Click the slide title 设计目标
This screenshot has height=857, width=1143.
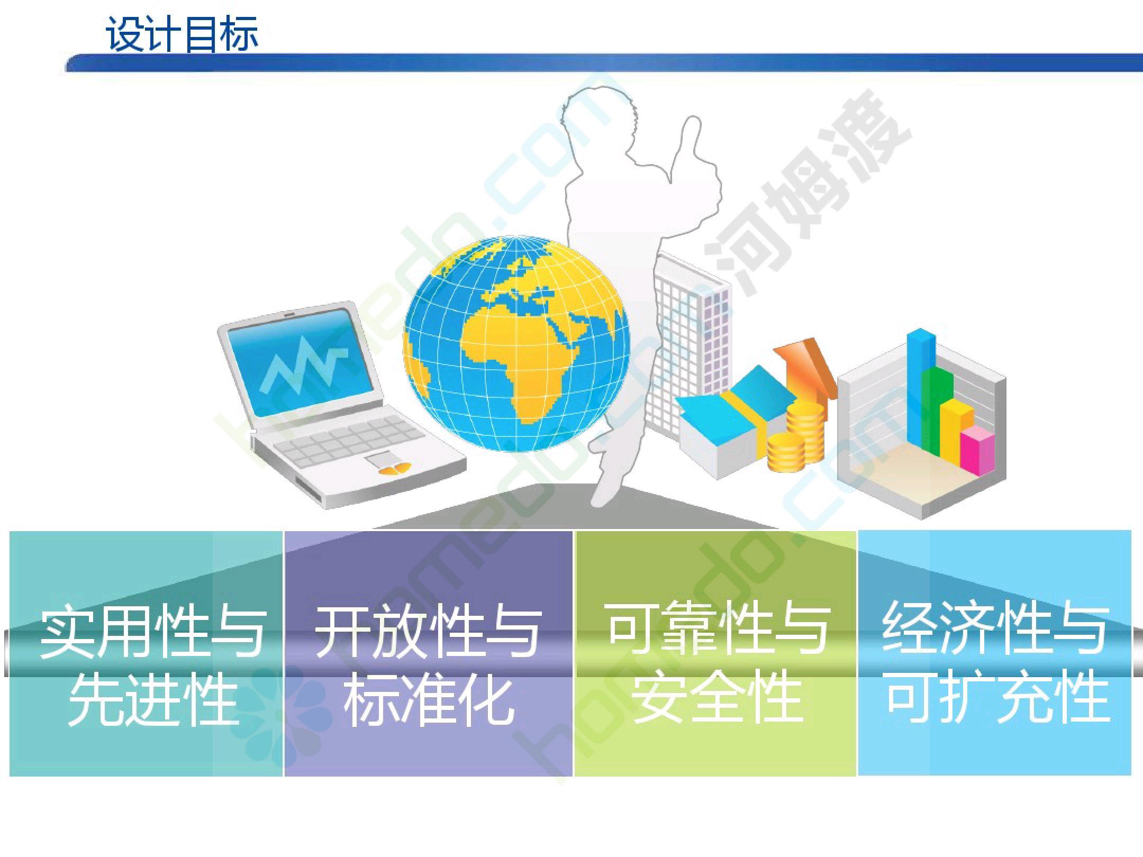tap(182, 34)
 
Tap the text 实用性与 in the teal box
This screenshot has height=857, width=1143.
tap(153, 632)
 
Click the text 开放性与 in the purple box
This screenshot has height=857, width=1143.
tap(428, 632)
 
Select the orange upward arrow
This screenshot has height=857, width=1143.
tap(804, 370)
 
